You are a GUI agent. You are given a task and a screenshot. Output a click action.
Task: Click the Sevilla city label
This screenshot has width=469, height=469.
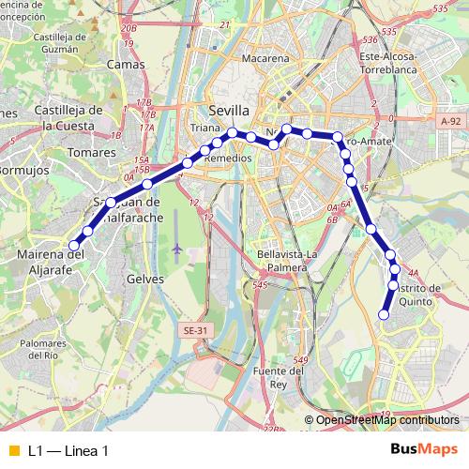pos(229,110)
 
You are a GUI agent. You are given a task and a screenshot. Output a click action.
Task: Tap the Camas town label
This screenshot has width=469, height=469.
pos(126,65)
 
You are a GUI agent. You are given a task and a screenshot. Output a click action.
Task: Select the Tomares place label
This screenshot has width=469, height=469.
pos(91,151)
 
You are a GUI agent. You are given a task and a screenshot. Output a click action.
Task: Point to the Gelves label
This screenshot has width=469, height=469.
pos(144,279)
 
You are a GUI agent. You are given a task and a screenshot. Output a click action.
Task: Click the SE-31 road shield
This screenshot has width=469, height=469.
pos(195,330)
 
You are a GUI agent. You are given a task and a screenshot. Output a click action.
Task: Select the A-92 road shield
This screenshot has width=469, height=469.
pos(451,121)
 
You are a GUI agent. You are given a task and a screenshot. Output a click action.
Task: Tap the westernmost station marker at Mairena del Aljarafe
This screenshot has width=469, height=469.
pos(74,246)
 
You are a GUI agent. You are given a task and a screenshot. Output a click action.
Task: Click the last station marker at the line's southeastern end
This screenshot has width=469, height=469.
pos(383,314)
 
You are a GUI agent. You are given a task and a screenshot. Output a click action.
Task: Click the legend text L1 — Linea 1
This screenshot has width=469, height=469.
pos(68,451)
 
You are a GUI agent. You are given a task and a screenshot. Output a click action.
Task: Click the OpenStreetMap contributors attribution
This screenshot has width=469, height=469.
pos(387,420)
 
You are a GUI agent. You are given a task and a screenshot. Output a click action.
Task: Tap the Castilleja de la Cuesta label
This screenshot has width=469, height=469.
pos(67,117)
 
